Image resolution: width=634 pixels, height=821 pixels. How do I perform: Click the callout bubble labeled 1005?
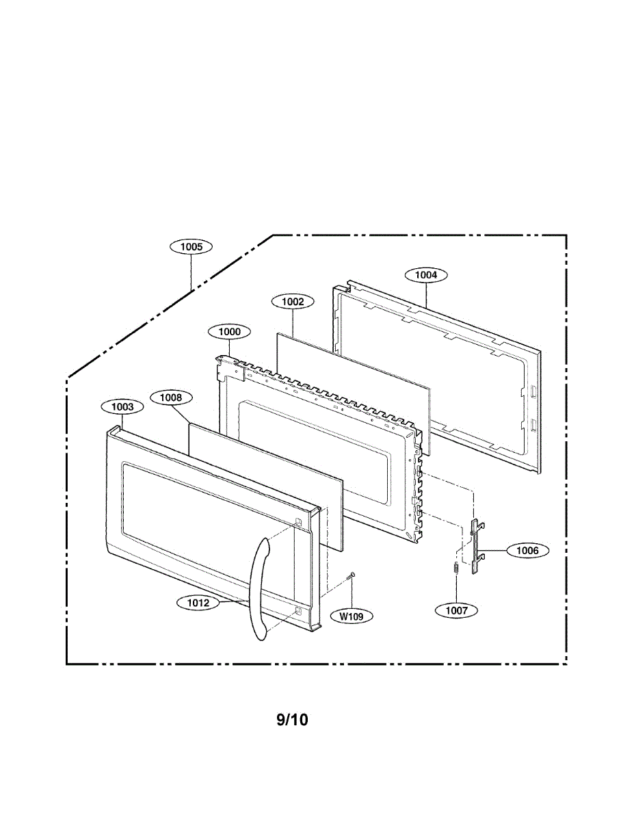tap(191, 246)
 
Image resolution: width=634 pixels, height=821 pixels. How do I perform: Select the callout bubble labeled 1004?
tap(426, 275)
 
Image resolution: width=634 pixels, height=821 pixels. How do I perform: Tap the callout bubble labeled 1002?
tap(293, 301)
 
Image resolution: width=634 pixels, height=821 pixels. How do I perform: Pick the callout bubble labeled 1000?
tap(229, 332)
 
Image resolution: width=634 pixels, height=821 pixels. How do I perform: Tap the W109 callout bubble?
tap(352, 616)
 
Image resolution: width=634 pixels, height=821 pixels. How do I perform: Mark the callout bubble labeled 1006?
tap(527, 550)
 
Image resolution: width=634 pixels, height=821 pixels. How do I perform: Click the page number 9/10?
tap(292, 720)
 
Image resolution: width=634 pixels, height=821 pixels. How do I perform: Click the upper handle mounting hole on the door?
tap(298, 523)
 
